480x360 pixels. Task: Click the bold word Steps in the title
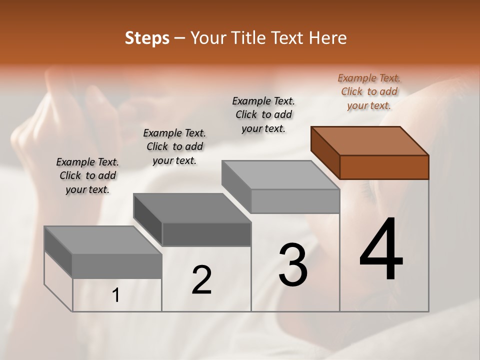click(147, 38)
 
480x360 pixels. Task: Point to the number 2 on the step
click(201, 280)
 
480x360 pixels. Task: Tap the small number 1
click(116, 295)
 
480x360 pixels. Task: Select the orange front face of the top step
click(384, 167)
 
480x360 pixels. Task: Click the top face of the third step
click(280, 175)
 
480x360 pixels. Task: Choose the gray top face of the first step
click(102, 240)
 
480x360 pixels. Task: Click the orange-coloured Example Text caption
click(369, 91)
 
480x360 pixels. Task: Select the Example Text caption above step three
click(263, 114)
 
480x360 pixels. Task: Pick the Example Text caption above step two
click(174, 146)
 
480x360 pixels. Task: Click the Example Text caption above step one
click(87, 175)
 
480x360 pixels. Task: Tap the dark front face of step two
click(206, 234)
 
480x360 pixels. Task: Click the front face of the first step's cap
click(117, 266)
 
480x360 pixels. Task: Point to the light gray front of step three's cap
click(295, 201)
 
